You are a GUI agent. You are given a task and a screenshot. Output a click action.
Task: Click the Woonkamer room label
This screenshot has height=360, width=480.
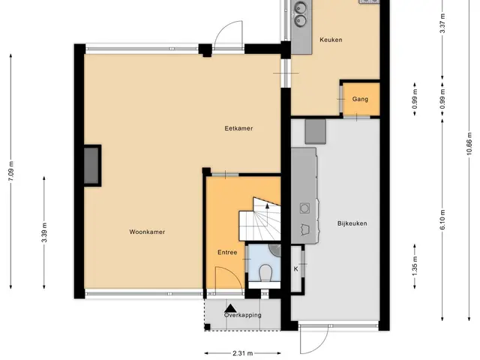147,232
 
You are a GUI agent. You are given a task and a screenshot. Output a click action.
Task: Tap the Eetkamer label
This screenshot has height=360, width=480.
238,128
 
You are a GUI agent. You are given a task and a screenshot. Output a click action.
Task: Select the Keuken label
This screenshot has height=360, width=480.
331,40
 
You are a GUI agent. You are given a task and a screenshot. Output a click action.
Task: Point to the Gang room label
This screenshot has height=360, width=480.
360,99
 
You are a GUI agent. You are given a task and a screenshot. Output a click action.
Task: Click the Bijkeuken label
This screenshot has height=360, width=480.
352,223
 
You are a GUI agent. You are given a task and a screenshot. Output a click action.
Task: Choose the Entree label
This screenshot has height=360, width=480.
227,253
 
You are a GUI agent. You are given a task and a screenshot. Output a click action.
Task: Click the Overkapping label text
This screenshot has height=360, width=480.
243,315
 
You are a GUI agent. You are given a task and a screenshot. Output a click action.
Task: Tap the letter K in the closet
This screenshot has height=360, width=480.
295,269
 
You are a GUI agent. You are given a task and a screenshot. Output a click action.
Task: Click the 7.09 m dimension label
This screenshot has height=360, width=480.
11,171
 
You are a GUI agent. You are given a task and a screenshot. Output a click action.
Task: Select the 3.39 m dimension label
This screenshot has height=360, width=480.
44,232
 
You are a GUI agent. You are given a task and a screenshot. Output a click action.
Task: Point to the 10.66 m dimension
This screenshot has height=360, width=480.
469,144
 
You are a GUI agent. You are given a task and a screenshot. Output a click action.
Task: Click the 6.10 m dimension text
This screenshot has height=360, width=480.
442,220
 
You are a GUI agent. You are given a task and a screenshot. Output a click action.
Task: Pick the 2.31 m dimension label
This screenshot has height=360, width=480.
243,353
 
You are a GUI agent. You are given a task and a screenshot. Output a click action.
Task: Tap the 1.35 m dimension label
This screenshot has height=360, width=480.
415,266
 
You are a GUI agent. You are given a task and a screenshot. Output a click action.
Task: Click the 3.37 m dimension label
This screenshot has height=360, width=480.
442,23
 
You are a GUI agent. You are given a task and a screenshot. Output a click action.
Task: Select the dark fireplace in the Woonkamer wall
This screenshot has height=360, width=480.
91,166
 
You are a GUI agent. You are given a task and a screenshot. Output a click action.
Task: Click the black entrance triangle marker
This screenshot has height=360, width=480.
231,308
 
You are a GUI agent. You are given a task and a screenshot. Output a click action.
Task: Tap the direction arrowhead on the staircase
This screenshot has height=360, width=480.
267,206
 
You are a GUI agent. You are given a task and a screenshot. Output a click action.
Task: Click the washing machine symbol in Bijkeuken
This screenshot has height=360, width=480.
304,208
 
